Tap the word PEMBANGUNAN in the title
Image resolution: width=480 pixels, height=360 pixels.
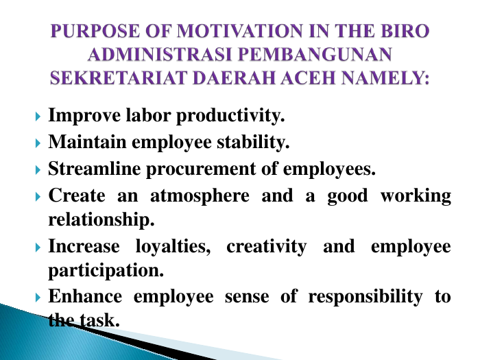pos(315,54)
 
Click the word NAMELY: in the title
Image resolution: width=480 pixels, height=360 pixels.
pos(385,77)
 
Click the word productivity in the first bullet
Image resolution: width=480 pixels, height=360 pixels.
pos(230,116)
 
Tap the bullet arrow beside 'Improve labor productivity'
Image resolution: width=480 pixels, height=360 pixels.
pos(38,117)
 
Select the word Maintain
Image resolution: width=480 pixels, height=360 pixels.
pos(87,142)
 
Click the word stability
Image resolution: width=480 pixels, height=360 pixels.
pos(253,143)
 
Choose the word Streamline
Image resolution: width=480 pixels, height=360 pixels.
pos(95,169)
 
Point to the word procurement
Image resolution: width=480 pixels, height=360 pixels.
pos(201,169)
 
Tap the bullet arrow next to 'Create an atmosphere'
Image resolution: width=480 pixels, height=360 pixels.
pos(38,197)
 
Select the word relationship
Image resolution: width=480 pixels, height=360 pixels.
pos(101,219)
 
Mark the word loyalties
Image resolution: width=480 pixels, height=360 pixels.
pos(173,247)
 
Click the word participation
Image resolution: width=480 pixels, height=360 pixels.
pos(106,271)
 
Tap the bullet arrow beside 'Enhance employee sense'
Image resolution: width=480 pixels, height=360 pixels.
pos(38,297)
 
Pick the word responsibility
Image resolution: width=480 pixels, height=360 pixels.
pos(365,297)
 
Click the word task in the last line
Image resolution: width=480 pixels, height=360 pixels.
pos(100,320)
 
